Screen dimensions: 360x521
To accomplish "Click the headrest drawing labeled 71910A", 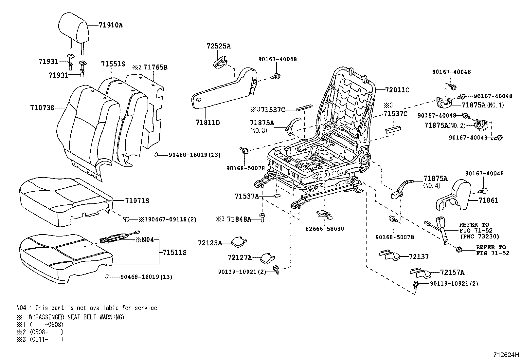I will pos(73,26).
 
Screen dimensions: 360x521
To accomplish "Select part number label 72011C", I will pos(397,90).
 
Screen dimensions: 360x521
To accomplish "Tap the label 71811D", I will pos(207,123).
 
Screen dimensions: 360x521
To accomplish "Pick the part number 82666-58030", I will pos(325,229).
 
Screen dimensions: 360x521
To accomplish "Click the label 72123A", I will pos(210,243).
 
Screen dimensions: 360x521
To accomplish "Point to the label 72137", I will pos(419,256).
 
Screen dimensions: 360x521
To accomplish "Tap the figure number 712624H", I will pos(506,354).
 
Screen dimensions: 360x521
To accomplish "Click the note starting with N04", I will pos(87,308).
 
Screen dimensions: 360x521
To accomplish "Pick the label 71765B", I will pos(155,67).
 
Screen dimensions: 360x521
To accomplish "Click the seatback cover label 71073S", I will pos(42,107).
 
